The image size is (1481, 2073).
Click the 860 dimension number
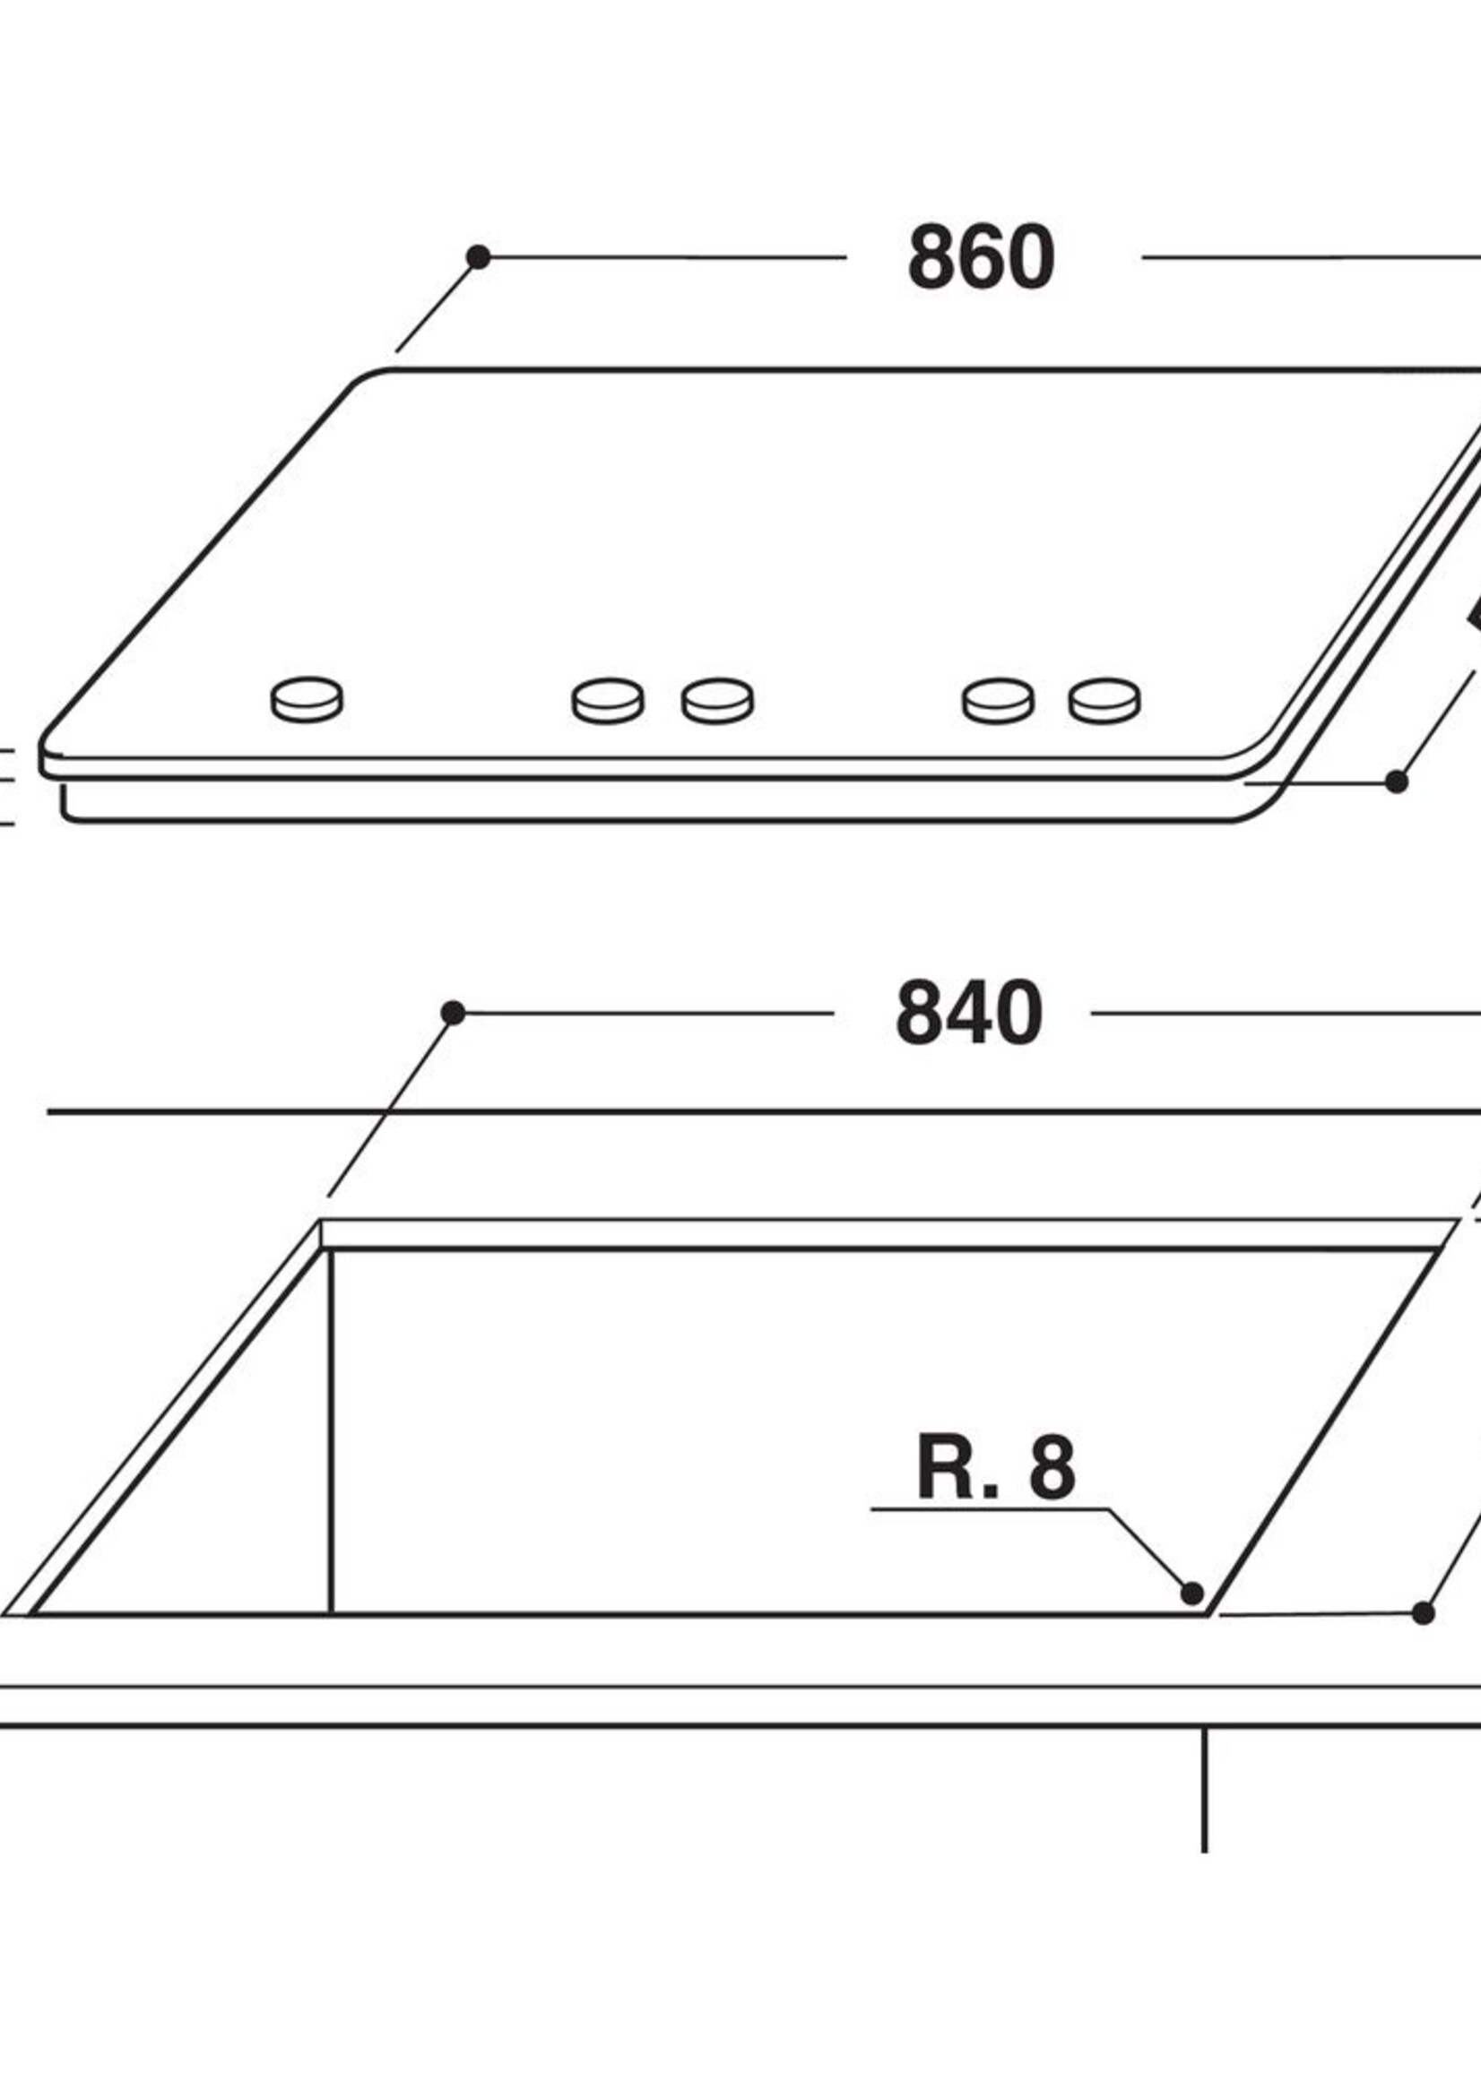click(982, 258)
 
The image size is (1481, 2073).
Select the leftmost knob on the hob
click(307, 699)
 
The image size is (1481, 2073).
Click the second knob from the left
click(608, 700)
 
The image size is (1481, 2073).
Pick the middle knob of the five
click(718, 700)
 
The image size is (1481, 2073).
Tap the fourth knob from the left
click(999, 700)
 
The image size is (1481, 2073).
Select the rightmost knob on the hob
click(1104, 700)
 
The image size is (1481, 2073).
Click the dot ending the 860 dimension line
click(478, 257)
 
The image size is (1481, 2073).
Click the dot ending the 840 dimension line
click(454, 1013)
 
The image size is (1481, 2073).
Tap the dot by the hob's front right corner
click(1396, 782)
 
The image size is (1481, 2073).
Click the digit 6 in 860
click(982, 258)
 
